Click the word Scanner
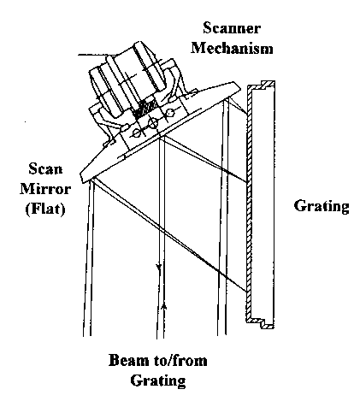[x=232, y=28]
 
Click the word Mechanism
[x=232, y=47]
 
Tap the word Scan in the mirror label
[x=45, y=168]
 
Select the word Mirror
[x=45, y=188]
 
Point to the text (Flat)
[x=45, y=209]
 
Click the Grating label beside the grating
[x=322, y=206]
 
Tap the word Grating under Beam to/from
[x=158, y=380]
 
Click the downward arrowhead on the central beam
[x=159, y=268]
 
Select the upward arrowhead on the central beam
[x=163, y=307]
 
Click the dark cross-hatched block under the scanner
[x=145, y=108]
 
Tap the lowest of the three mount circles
[x=137, y=133]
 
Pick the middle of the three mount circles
[x=153, y=123]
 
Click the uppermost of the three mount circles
[x=170, y=113]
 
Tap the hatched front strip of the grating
[x=250, y=203]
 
